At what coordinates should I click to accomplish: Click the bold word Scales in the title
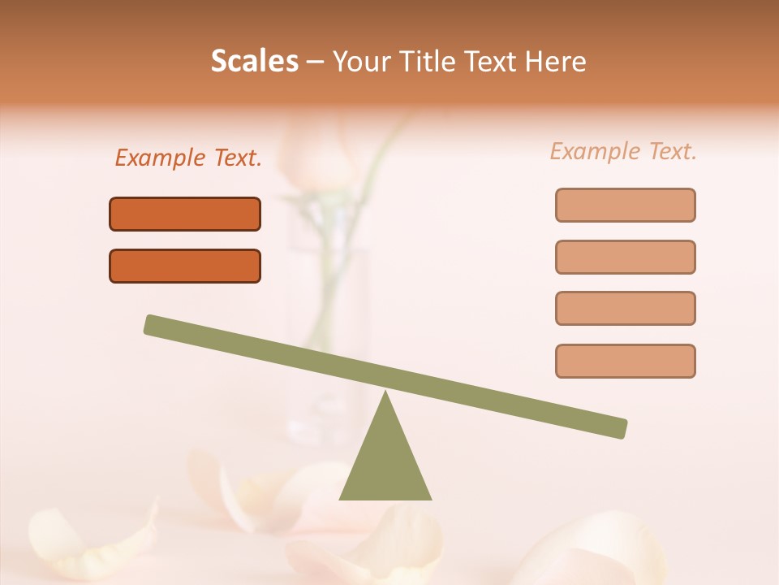coord(254,61)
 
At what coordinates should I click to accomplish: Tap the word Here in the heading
coord(556,61)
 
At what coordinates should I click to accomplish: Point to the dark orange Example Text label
coord(188,158)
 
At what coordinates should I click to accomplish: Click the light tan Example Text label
coord(623,151)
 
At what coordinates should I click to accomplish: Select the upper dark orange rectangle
coord(185,214)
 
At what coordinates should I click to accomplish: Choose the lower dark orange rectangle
coord(185,266)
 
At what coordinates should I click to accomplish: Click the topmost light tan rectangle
coord(625,205)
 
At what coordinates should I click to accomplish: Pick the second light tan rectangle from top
coord(625,257)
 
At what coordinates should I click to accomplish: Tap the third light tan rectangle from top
coord(625,308)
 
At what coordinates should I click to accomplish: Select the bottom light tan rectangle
coord(625,361)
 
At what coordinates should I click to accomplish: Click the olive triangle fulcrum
coord(385,463)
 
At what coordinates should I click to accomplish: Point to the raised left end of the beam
coord(154,324)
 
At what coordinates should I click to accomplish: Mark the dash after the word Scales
coord(315,62)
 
